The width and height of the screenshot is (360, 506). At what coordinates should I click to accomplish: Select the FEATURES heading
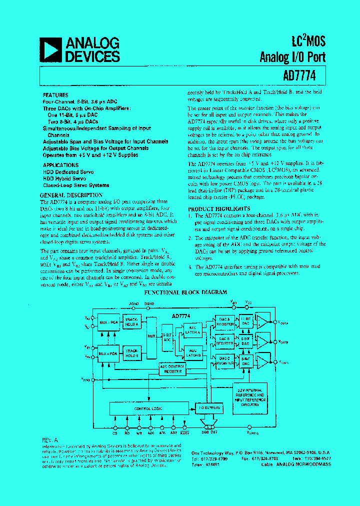pyautogui.click(x=53, y=94)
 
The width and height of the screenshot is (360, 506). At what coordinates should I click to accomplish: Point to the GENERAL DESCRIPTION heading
pyautogui.click(x=71, y=195)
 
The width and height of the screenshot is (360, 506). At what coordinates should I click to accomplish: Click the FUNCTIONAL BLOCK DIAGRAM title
pyautogui.click(x=185, y=292)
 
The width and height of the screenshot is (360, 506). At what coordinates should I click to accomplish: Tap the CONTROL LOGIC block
pyautogui.click(x=145, y=408)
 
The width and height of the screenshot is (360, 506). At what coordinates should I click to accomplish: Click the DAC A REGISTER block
pyautogui.click(x=224, y=321)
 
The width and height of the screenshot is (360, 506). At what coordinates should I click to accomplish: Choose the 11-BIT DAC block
pyautogui.click(x=245, y=321)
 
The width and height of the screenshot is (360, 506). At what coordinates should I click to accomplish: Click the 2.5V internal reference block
pyautogui.click(x=251, y=393)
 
